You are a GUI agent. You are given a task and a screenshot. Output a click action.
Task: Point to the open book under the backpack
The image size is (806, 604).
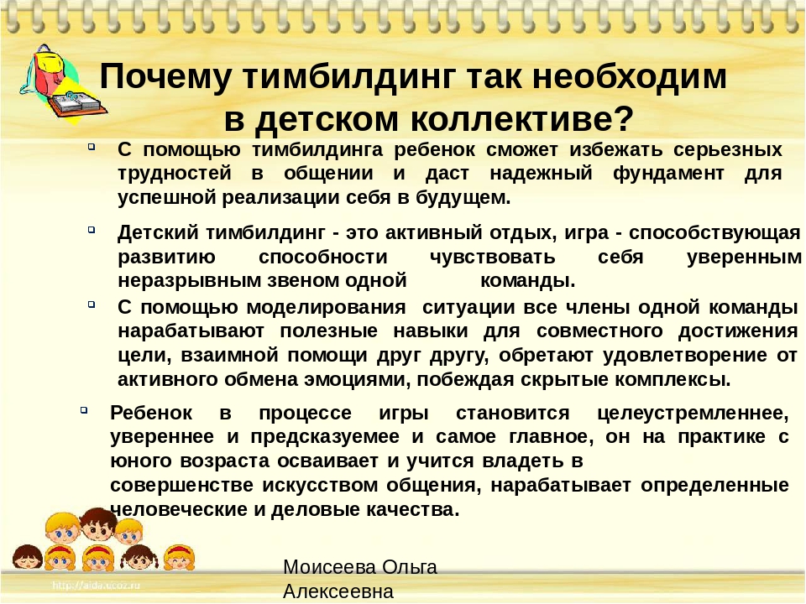[x=77, y=105]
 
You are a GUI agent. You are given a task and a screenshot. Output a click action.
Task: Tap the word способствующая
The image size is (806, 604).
[x=715, y=233]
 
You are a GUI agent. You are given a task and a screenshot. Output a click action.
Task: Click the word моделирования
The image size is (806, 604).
[x=326, y=308]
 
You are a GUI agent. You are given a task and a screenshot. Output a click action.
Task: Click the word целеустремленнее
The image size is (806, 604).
[x=693, y=413]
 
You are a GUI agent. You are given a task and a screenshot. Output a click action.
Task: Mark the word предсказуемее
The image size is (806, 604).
[x=325, y=436]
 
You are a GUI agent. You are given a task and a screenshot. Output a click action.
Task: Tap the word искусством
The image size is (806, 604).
[x=320, y=485]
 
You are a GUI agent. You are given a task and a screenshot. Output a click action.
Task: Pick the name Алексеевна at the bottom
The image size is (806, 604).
[x=338, y=591]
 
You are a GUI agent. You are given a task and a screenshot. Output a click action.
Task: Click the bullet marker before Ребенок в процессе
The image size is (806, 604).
[x=84, y=410]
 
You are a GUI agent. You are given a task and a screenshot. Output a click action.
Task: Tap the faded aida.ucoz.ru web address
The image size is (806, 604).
[x=96, y=585]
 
